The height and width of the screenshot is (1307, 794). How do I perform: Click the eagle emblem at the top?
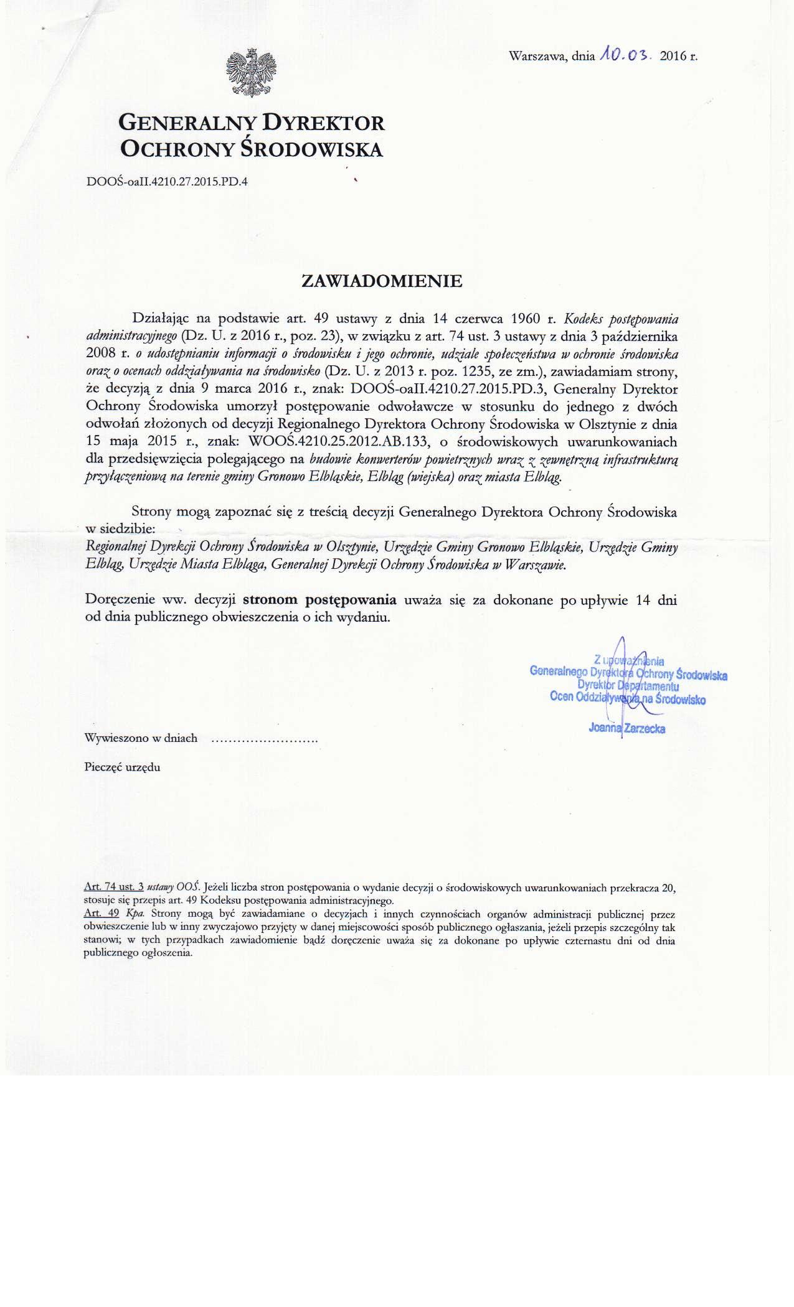[x=250, y=73]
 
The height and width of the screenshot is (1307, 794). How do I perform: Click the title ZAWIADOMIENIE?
[x=382, y=281]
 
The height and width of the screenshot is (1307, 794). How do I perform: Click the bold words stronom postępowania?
[x=319, y=601]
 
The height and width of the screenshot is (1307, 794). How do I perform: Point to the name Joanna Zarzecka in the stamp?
[x=626, y=729]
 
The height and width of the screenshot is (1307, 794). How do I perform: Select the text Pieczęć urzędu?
[x=122, y=767]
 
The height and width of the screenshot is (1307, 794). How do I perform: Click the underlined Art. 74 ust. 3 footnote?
[x=114, y=886]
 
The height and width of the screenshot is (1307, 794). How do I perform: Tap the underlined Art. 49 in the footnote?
[x=101, y=915]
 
